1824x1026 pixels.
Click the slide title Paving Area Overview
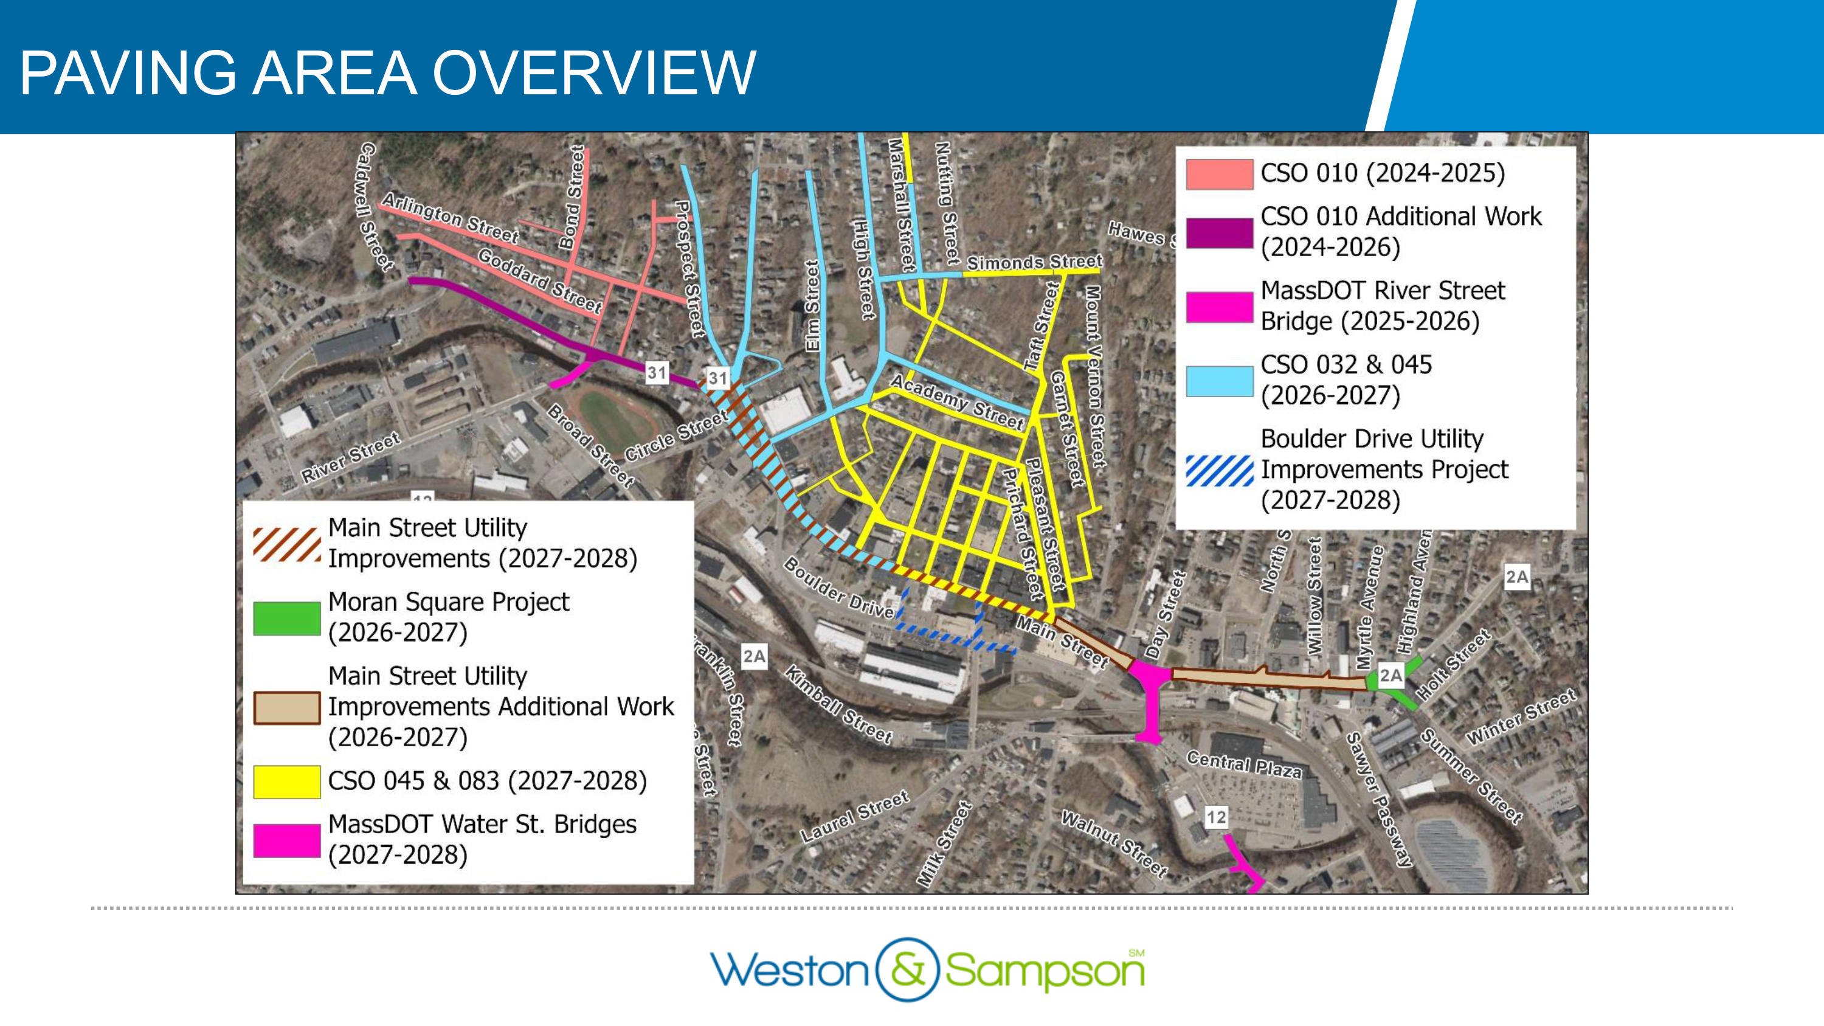point(387,73)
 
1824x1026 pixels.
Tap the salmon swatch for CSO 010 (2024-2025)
point(1219,174)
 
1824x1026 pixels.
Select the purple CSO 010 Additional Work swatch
point(1219,232)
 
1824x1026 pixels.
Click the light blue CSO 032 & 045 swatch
point(1219,381)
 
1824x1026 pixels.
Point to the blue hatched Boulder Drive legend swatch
point(1219,470)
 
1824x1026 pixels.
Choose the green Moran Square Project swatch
point(287,618)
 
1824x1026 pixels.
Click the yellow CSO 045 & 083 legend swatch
point(287,782)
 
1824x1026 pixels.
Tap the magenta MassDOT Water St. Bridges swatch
point(287,841)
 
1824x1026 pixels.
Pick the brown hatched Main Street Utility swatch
point(287,544)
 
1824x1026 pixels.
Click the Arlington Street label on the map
point(451,218)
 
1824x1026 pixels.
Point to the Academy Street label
point(956,401)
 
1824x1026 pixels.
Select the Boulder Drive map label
point(839,588)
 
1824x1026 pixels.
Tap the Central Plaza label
point(1243,764)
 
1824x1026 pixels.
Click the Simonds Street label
point(1034,263)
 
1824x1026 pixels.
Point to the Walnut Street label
point(1114,844)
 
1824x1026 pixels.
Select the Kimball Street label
point(838,704)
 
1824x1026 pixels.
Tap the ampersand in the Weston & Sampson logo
point(907,969)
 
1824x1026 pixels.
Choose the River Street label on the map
point(351,457)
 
